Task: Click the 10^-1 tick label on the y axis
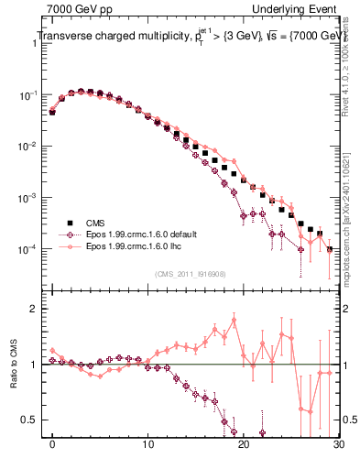coord(31,95)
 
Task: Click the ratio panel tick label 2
coord(37,309)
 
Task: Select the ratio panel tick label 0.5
coord(33,420)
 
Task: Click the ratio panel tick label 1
coord(37,365)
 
